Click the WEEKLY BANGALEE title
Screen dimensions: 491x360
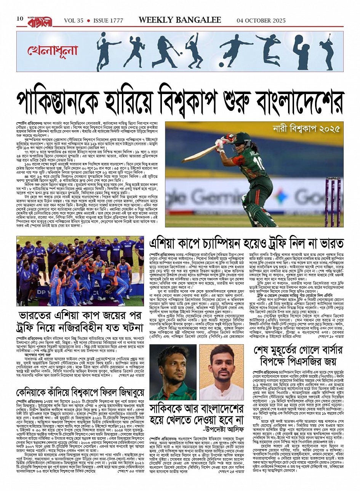(x=179, y=20)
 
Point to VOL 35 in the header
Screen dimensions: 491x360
(x=74, y=21)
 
